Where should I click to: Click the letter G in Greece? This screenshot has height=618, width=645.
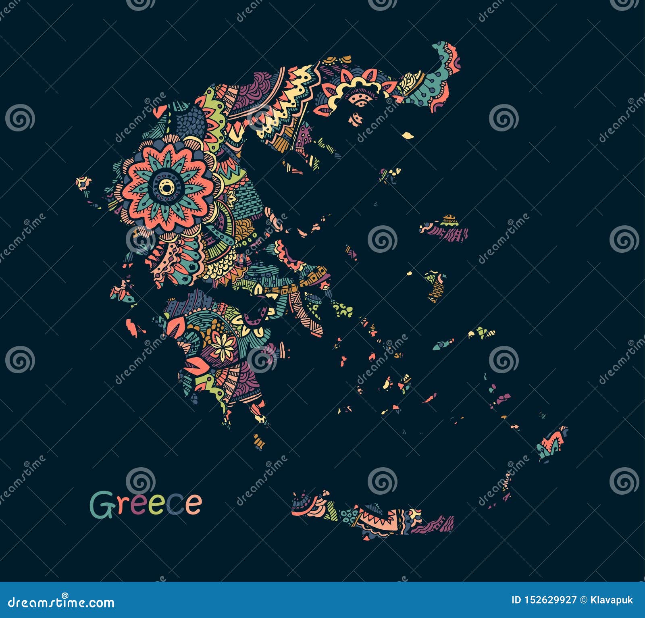coord(101,504)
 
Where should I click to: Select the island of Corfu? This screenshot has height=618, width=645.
coord(84,184)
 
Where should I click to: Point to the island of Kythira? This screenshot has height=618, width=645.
coord(259,441)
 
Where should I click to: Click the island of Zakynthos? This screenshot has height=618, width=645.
coord(134,327)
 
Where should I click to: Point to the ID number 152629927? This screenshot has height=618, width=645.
coord(544,600)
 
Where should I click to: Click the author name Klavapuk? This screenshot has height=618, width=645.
coord(612,600)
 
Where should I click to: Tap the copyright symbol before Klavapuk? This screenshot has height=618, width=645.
coord(583,600)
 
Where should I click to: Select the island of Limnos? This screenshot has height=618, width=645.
coord(390,174)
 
